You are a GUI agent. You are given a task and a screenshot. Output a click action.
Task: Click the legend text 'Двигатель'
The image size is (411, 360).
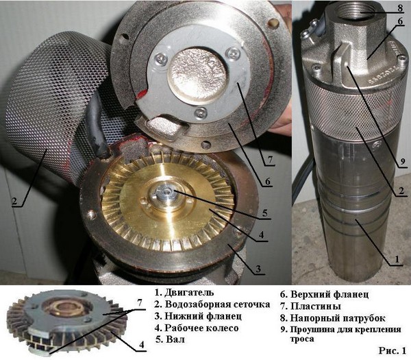[x=189, y=292]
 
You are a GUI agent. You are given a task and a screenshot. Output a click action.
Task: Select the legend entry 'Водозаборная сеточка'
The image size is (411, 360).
[x=217, y=304]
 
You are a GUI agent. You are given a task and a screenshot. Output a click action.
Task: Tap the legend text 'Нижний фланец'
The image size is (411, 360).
[x=203, y=316]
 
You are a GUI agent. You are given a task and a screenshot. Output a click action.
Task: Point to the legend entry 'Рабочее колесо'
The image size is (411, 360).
[x=201, y=328]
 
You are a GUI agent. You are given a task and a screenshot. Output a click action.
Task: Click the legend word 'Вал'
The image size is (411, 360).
[x=175, y=339]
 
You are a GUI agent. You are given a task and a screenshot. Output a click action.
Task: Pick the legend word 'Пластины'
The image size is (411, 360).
[x=316, y=306]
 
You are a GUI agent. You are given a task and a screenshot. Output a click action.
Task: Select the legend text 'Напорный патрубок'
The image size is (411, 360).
[x=338, y=318]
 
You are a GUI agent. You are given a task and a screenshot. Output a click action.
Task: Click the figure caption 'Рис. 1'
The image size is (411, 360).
[x=392, y=350]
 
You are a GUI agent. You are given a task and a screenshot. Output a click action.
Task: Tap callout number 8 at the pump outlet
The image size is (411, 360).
[x=400, y=8]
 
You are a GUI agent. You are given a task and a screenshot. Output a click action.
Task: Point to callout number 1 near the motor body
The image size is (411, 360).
[x=397, y=259]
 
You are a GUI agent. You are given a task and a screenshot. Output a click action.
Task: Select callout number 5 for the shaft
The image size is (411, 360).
[x=265, y=213]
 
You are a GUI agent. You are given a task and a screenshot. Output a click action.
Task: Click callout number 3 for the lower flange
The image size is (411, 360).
[x=258, y=269]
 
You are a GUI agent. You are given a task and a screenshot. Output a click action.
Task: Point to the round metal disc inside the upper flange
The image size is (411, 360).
[x=197, y=75]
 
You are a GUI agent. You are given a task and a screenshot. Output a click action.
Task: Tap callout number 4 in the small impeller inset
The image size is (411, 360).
[x=142, y=344]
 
